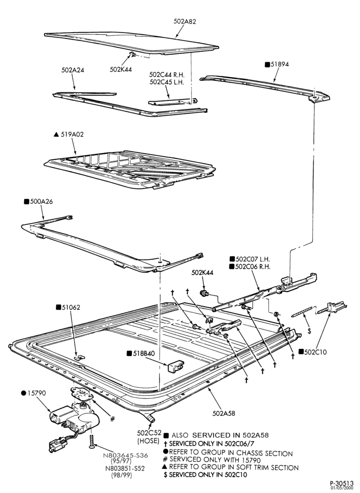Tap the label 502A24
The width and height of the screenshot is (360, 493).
tap(73, 70)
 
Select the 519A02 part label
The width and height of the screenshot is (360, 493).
tap(72, 134)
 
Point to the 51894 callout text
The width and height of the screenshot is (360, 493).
tap(279, 64)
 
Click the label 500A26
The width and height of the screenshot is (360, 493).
tap(41, 201)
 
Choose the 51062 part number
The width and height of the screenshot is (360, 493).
tap(71, 307)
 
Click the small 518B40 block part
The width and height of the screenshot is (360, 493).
tap(176, 366)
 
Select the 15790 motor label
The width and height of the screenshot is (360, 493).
tap(37, 393)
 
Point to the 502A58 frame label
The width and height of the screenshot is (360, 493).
tap(224, 413)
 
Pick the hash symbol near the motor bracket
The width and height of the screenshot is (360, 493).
tap(112, 418)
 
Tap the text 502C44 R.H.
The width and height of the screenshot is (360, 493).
tap(167, 75)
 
